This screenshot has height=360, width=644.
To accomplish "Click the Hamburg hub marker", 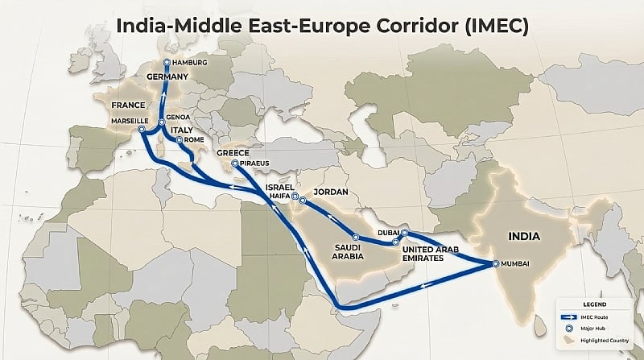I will [166, 62].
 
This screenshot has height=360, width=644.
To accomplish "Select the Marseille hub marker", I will [141, 128].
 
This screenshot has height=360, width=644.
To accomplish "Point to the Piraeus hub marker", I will [234, 163].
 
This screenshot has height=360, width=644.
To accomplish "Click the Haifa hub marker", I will [295, 197].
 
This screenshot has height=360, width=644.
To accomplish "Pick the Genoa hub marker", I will [162, 122].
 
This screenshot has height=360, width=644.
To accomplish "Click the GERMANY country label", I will [167, 77].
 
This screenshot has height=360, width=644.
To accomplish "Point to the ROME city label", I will [194, 139].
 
